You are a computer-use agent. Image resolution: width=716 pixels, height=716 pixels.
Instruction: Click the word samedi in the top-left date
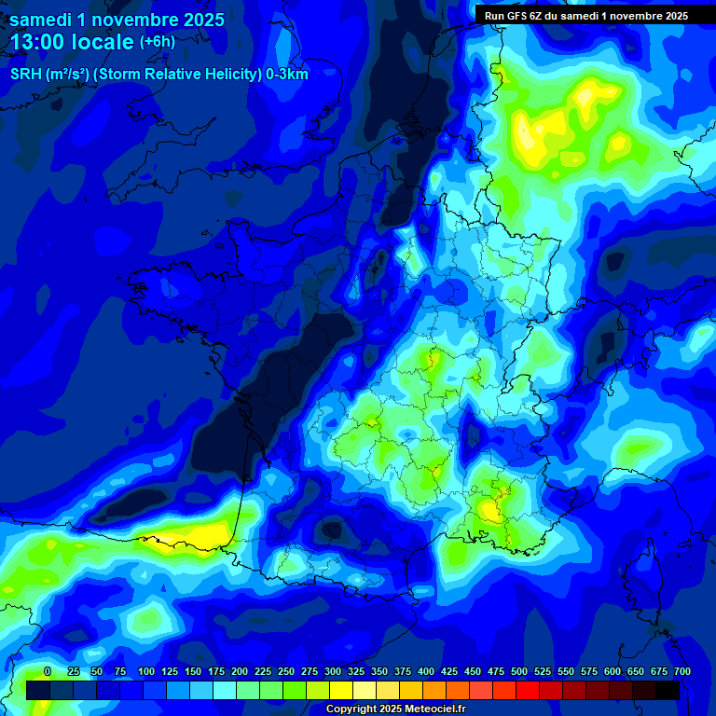[x=41, y=20]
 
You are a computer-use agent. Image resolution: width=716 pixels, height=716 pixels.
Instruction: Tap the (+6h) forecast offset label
[x=157, y=42]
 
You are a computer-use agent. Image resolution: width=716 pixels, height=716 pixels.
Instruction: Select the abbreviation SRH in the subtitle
[x=26, y=75]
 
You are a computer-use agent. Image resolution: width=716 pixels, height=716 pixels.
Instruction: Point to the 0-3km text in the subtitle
[x=287, y=75]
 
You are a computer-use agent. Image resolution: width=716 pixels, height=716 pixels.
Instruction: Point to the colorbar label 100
[x=146, y=671]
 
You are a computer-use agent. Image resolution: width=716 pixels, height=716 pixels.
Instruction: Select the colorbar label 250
[x=286, y=671]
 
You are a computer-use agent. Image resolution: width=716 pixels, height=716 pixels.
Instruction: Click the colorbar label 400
[x=426, y=671]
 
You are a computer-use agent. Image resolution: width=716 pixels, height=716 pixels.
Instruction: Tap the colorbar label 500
[x=519, y=671]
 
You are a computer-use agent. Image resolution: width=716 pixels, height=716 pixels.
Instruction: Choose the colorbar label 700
[x=682, y=671]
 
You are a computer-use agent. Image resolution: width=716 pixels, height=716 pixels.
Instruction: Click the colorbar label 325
[x=356, y=671]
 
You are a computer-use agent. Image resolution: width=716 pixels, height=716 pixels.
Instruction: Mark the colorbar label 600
[x=613, y=671]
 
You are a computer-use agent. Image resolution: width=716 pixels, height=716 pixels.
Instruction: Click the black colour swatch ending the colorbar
[x=668, y=690]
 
